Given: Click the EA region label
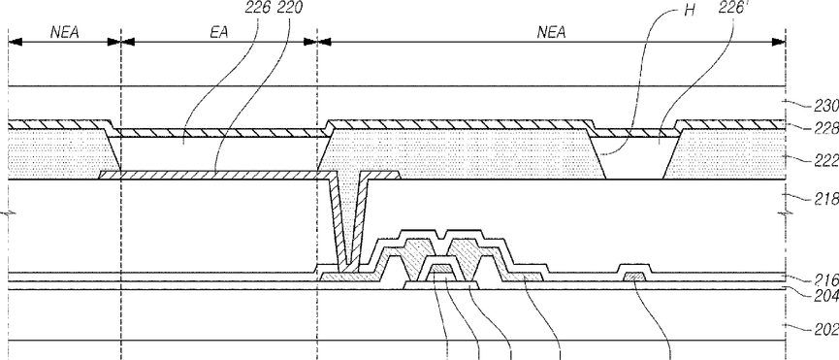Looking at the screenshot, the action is click(x=218, y=33).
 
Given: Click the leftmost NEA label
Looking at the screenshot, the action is click(x=65, y=33).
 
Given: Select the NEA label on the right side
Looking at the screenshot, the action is click(x=552, y=33).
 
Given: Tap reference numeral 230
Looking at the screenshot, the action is click(x=826, y=107).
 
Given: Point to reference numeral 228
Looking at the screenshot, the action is click(x=826, y=128).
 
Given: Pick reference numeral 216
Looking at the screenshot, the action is click(x=826, y=278).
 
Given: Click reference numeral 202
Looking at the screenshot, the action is click(x=826, y=329).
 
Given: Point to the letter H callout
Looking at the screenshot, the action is click(x=690, y=10).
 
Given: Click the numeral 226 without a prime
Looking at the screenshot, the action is click(x=257, y=9).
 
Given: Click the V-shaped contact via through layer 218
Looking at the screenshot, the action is click(x=347, y=225).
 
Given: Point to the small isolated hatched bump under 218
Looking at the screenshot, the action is click(x=634, y=277).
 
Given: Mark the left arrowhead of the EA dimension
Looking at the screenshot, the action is click(x=128, y=42).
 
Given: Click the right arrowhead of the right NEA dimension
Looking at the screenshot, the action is click(x=779, y=42).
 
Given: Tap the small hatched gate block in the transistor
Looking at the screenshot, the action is click(x=441, y=269).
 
